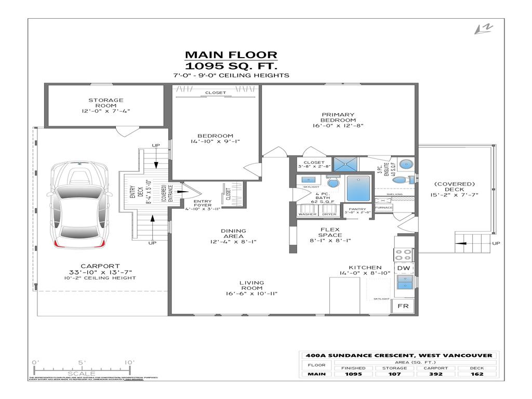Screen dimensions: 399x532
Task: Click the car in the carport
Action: (x=82, y=206)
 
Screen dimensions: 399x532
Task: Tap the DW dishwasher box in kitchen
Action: (x=403, y=268)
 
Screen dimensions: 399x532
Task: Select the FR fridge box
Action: (x=403, y=306)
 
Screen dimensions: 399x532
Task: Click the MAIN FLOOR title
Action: (x=231, y=55)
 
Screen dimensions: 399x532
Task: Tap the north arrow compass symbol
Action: (x=483, y=30)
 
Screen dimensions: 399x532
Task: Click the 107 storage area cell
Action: (x=396, y=374)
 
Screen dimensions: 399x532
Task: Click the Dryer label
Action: (x=329, y=214)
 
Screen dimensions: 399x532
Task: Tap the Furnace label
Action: (x=384, y=207)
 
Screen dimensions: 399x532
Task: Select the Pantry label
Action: (x=358, y=209)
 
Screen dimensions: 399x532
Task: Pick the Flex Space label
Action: (x=330, y=232)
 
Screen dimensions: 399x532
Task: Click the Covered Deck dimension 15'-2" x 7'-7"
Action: (x=455, y=195)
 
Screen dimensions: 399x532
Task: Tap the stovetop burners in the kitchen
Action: (x=403, y=254)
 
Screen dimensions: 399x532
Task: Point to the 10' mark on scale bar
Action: (x=129, y=362)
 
